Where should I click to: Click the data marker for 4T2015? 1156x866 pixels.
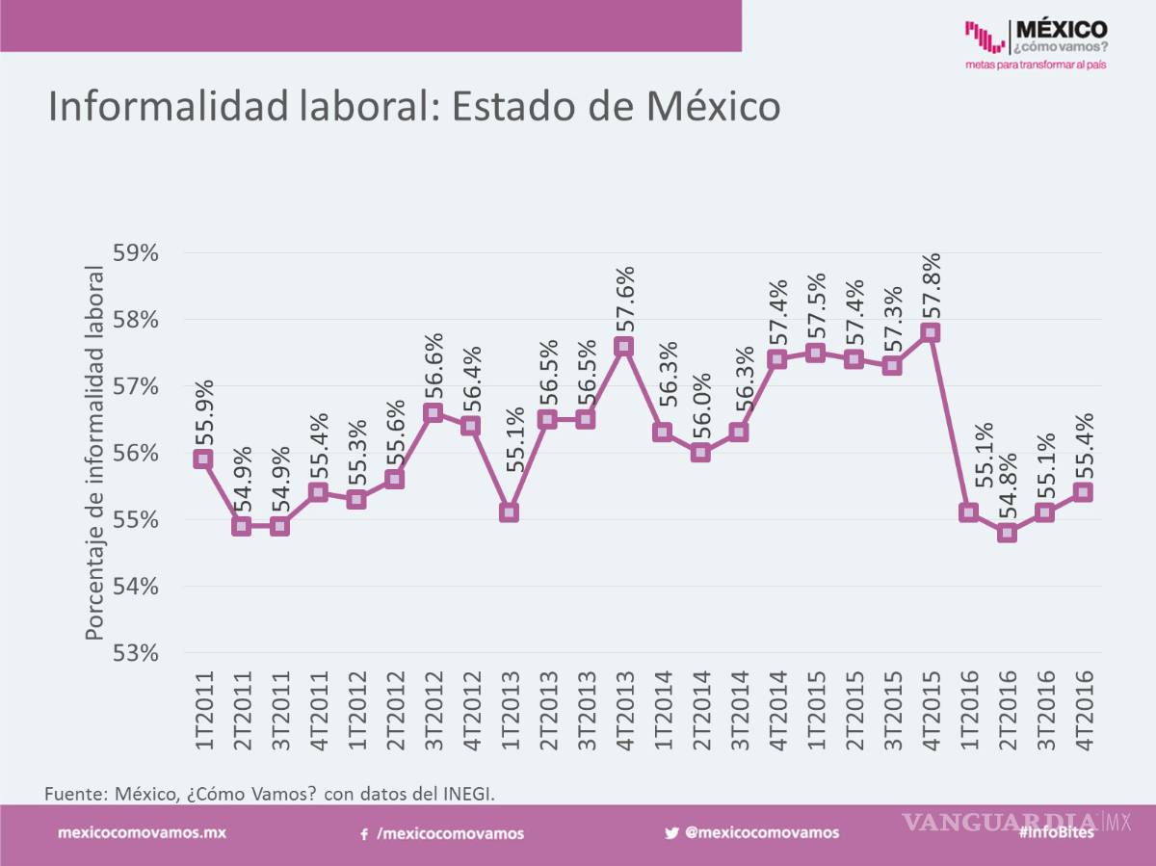[930, 332]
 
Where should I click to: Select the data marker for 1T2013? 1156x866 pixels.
[509, 512]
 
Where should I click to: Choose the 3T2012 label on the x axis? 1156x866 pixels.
[433, 713]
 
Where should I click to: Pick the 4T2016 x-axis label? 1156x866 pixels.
[1083, 713]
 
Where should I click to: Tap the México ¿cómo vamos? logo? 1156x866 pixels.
[1036, 44]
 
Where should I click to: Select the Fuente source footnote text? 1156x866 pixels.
[270, 793]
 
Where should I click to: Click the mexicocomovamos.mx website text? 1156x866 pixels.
[143, 832]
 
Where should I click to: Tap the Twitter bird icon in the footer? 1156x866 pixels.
[671, 833]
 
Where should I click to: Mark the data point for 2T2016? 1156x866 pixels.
[1007, 533]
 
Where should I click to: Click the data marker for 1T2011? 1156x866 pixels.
[202, 459]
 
